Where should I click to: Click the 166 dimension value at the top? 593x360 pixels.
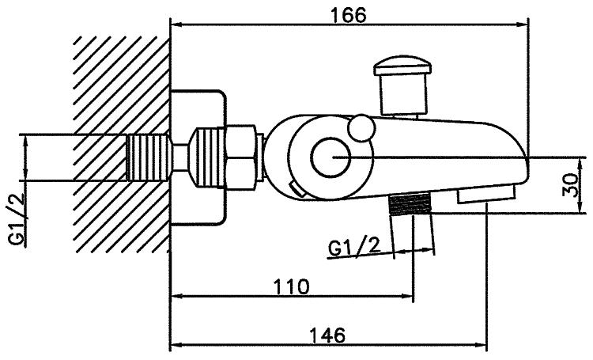349,15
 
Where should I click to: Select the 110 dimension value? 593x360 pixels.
291,286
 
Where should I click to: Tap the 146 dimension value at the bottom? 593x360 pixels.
327,335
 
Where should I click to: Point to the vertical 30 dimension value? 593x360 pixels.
571,185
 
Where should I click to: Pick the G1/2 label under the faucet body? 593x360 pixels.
353,248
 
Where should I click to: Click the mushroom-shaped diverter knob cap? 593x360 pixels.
402,66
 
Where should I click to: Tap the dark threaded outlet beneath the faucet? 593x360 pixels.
410,205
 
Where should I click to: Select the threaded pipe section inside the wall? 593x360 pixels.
148,157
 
